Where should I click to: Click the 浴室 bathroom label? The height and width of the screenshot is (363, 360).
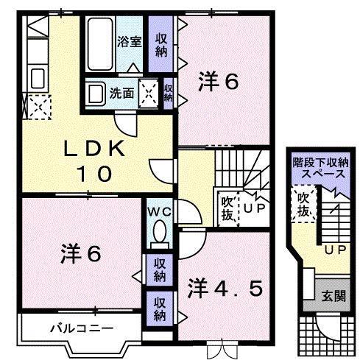pyautogui.click(x=130, y=42)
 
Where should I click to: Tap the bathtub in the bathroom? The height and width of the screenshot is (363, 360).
pyautogui.click(x=99, y=43)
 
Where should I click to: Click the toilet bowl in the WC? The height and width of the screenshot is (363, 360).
pyautogui.click(x=158, y=235)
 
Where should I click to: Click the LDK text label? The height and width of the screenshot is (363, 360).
pyautogui.click(x=96, y=148)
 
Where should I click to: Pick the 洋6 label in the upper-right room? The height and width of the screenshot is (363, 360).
pyautogui.click(x=218, y=82)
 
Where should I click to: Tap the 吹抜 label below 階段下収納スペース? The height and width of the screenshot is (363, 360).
pyautogui.click(x=303, y=205)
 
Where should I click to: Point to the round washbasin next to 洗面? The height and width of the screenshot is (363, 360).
pyautogui.click(x=95, y=94)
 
